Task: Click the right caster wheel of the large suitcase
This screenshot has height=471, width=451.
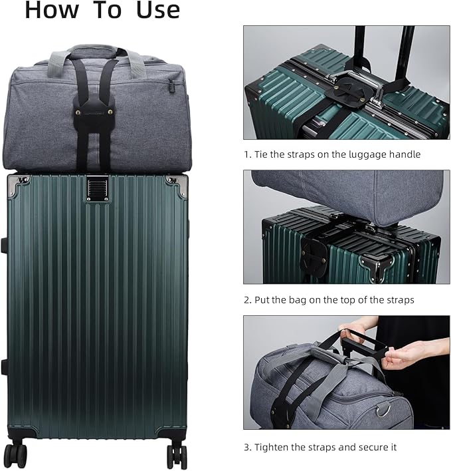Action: (x=177, y=455)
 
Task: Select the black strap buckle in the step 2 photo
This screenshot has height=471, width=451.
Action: (x=312, y=253)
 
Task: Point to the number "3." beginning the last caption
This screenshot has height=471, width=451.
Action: (x=246, y=446)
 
